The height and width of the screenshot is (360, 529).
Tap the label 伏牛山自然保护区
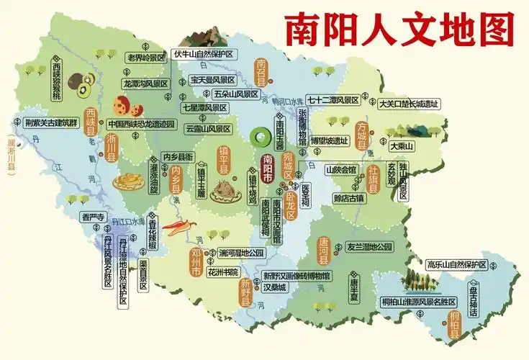(x=204, y=54)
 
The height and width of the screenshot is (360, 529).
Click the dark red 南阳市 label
(x=268, y=167)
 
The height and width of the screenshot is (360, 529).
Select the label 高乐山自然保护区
(x=456, y=264)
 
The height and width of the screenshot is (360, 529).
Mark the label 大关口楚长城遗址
(x=409, y=103)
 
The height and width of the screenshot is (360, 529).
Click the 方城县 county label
(x=362, y=135)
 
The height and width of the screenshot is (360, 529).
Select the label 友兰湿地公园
(x=370, y=246)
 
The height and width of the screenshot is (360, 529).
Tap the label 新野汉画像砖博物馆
(x=297, y=275)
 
